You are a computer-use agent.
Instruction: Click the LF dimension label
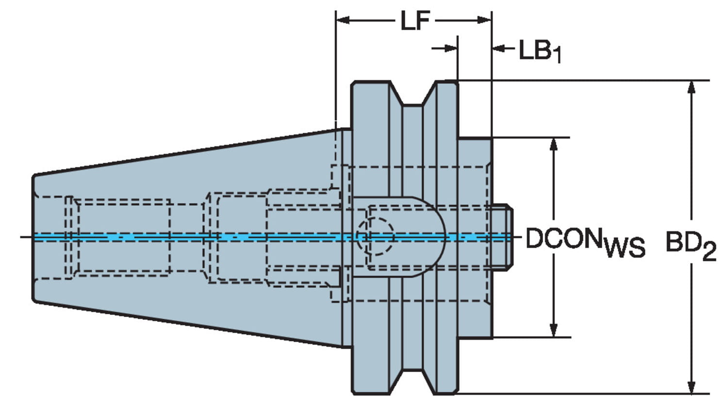click(x=415, y=21)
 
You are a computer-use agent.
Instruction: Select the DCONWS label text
click(x=585, y=240)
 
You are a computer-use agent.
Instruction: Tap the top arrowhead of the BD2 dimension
click(x=692, y=87)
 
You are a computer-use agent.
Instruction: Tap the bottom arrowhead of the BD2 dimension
click(x=692, y=386)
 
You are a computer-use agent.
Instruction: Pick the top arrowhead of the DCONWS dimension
click(x=553, y=144)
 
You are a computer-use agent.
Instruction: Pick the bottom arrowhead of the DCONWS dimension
click(x=553, y=330)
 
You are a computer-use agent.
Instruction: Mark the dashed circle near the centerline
click(x=375, y=237)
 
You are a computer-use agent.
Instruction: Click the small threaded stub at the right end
click(x=502, y=237)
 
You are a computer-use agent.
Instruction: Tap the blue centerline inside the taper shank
click(x=146, y=237)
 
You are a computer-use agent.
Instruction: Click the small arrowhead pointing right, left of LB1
click(x=451, y=48)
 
